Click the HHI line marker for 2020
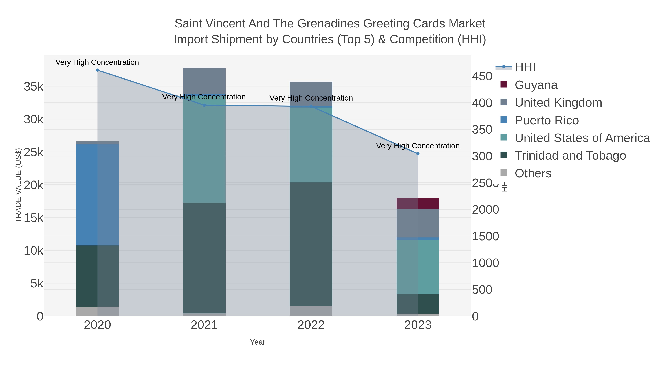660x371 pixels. pyautogui.click(x=97, y=70)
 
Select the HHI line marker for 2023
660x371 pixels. pyautogui.click(x=418, y=154)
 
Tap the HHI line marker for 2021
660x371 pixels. pyautogui.click(x=204, y=105)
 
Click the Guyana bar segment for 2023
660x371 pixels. pyautogui.click(x=418, y=204)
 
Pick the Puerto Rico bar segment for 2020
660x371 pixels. pyautogui.click(x=97, y=195)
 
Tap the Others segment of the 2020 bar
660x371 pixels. pyautogui.click(x=97, y=311)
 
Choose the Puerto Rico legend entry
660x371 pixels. pyautogui.click(x=547, y=120)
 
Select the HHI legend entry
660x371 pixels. pyautogui.click(x=525, y=67)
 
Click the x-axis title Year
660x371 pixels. pyautogui.click(x=258, y=342)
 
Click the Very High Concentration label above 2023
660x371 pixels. pyautogui.click(x=418, y=146)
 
